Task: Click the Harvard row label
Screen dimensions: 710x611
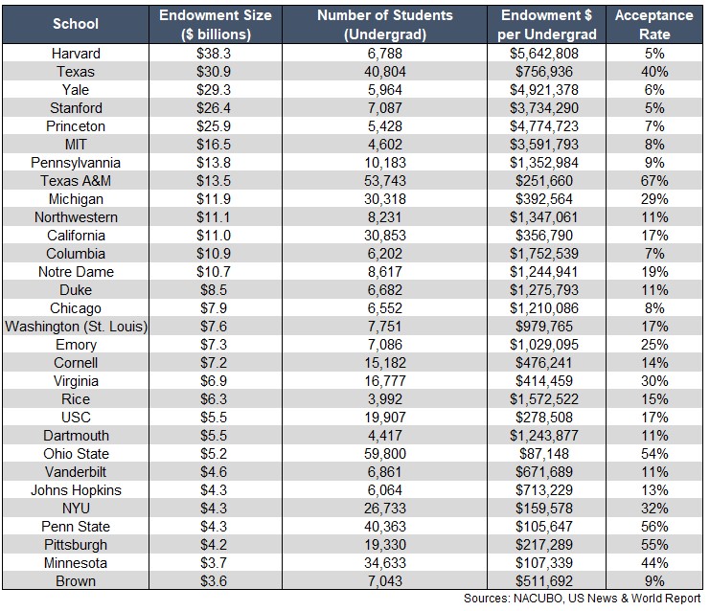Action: [x=76, y=54]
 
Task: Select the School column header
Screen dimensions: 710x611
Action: [x=76, y=24]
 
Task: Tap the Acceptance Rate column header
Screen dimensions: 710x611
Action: [x=654, y=25]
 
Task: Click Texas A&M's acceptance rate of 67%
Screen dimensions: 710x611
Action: [x=654, y=181]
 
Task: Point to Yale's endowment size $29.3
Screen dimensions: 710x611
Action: [x=214, y=90]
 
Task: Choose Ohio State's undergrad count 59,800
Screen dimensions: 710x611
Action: [x=385, y=454]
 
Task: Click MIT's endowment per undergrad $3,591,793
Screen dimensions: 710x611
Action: [x=544, y=145]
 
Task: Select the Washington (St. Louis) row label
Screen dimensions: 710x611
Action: [x=76, y=327]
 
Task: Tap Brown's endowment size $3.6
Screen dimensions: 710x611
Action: [x=214, y=580]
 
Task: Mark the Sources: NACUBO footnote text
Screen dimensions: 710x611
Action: [x=583, y=599]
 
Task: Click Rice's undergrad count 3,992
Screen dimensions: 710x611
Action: [x=385, y=399]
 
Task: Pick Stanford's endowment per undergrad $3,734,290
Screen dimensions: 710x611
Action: [x=544, y=107]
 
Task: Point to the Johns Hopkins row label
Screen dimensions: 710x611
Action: [x=76, y=490]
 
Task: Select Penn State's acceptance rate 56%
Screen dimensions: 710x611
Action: [x=654, y=527]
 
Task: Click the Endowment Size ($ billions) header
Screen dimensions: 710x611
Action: [x=216, y=25]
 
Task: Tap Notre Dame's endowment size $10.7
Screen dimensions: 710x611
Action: [x=214, y=272]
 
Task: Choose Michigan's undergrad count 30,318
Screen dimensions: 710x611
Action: [x=385, y=199]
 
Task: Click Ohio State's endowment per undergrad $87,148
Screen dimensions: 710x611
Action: [x=544, y=454]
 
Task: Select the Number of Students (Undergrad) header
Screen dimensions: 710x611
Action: [x=385, y=25]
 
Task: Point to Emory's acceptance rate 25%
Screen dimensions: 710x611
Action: [x=654, y=345]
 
